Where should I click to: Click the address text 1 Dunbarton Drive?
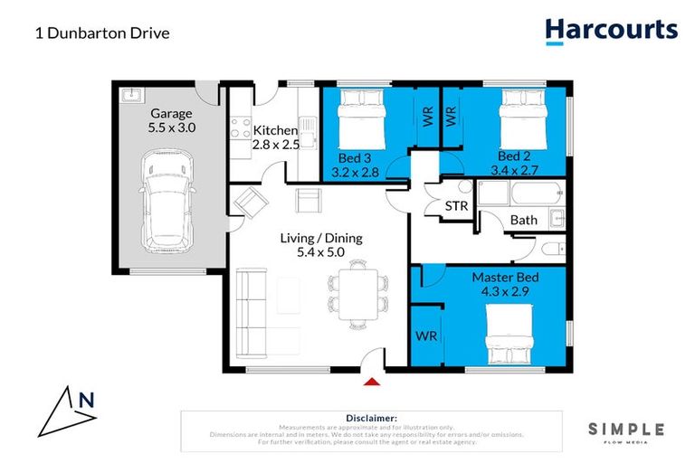coord(102,33)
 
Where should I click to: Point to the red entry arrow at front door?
coord(370,382)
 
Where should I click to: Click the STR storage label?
coord(457,206)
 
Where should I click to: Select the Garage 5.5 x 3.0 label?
coord(172,120)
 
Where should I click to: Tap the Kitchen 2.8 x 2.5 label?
coord(274,137)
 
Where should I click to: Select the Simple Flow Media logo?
coord(626,432)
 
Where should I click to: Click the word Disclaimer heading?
coord(371,418)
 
